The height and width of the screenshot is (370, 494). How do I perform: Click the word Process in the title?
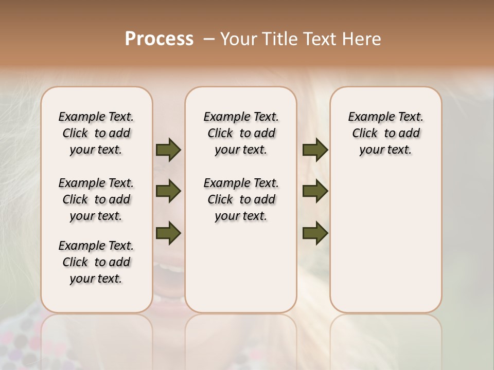(159, 39)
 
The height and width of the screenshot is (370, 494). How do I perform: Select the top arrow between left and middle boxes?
(168, 150)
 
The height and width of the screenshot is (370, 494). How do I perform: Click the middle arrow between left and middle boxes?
(168, 192)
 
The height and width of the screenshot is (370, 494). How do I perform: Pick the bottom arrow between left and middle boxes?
(168, 233)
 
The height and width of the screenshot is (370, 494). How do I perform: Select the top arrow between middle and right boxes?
(315, 150)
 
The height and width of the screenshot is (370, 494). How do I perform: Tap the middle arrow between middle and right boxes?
(315, 192)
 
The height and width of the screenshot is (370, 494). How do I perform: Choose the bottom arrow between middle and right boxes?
(315, 233)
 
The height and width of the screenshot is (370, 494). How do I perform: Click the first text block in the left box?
(96, 133)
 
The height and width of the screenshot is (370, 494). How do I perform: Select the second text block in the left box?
(96, 199)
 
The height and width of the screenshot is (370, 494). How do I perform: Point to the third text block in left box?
(96, 262)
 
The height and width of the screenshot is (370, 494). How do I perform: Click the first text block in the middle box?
(241, 133)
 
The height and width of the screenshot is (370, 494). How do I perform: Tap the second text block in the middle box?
(241, 199)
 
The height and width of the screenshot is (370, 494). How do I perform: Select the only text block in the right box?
(385, 133)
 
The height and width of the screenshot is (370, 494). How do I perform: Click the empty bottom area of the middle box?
(241, 272)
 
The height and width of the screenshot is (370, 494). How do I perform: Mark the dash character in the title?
(209, 39)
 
